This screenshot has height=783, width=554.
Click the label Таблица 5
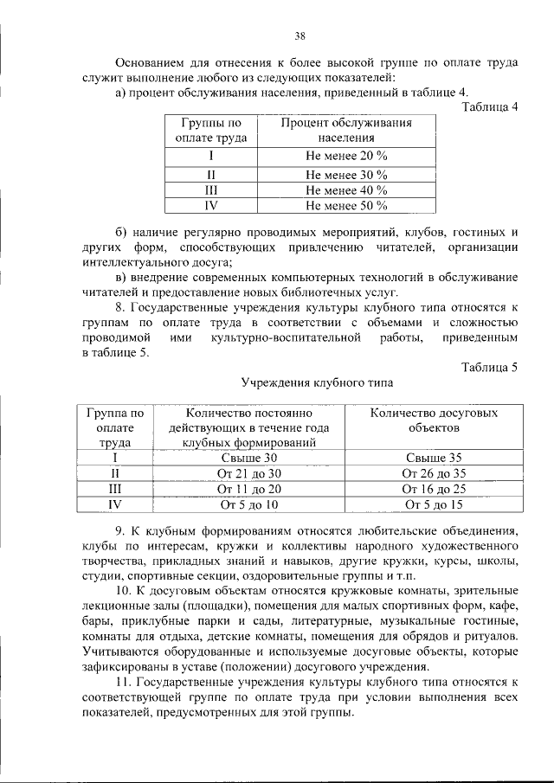489,367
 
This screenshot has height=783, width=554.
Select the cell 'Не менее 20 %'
345,156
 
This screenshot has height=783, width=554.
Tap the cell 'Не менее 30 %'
345,175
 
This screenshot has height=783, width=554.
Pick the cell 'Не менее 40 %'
345,190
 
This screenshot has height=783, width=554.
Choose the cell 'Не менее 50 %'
345,206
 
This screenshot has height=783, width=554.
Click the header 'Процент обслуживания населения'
345,130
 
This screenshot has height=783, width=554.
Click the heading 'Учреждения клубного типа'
317,382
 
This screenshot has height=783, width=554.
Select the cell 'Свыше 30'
249,458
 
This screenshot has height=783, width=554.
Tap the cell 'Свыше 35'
434,458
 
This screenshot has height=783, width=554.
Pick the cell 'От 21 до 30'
249,473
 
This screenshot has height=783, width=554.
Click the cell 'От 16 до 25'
434,489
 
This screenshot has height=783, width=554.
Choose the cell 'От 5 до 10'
249,504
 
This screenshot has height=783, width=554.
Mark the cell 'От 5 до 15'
434,504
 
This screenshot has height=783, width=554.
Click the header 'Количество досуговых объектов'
434,420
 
